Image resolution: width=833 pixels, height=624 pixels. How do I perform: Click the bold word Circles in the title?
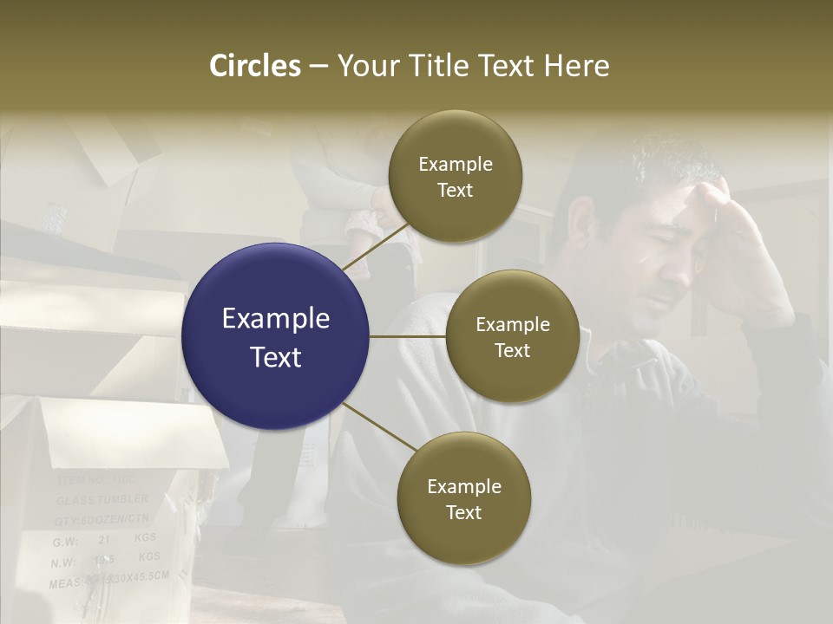pyautogui.click(x=254, y=66)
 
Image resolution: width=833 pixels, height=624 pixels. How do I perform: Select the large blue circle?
pyautogui.click(x=276, y=336)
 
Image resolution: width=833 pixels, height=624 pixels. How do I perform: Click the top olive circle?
pyautogui.click(x=455, y=177)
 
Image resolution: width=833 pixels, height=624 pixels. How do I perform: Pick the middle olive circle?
pyautogui.click(x=512, y=336)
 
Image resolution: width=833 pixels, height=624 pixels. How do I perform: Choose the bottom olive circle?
pyautogui.click(x=463, y=498)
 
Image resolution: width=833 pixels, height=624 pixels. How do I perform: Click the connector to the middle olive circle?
pyautogui.click(x=408, y=336)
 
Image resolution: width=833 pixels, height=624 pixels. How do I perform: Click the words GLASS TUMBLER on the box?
pyautogui.click(x=102, y=501)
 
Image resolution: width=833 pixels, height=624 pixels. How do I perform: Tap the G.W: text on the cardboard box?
pyautogui.click(x=66, y=542)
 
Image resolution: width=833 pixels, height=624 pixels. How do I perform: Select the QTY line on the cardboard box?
pyautogui.click(x=102, y=520)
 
